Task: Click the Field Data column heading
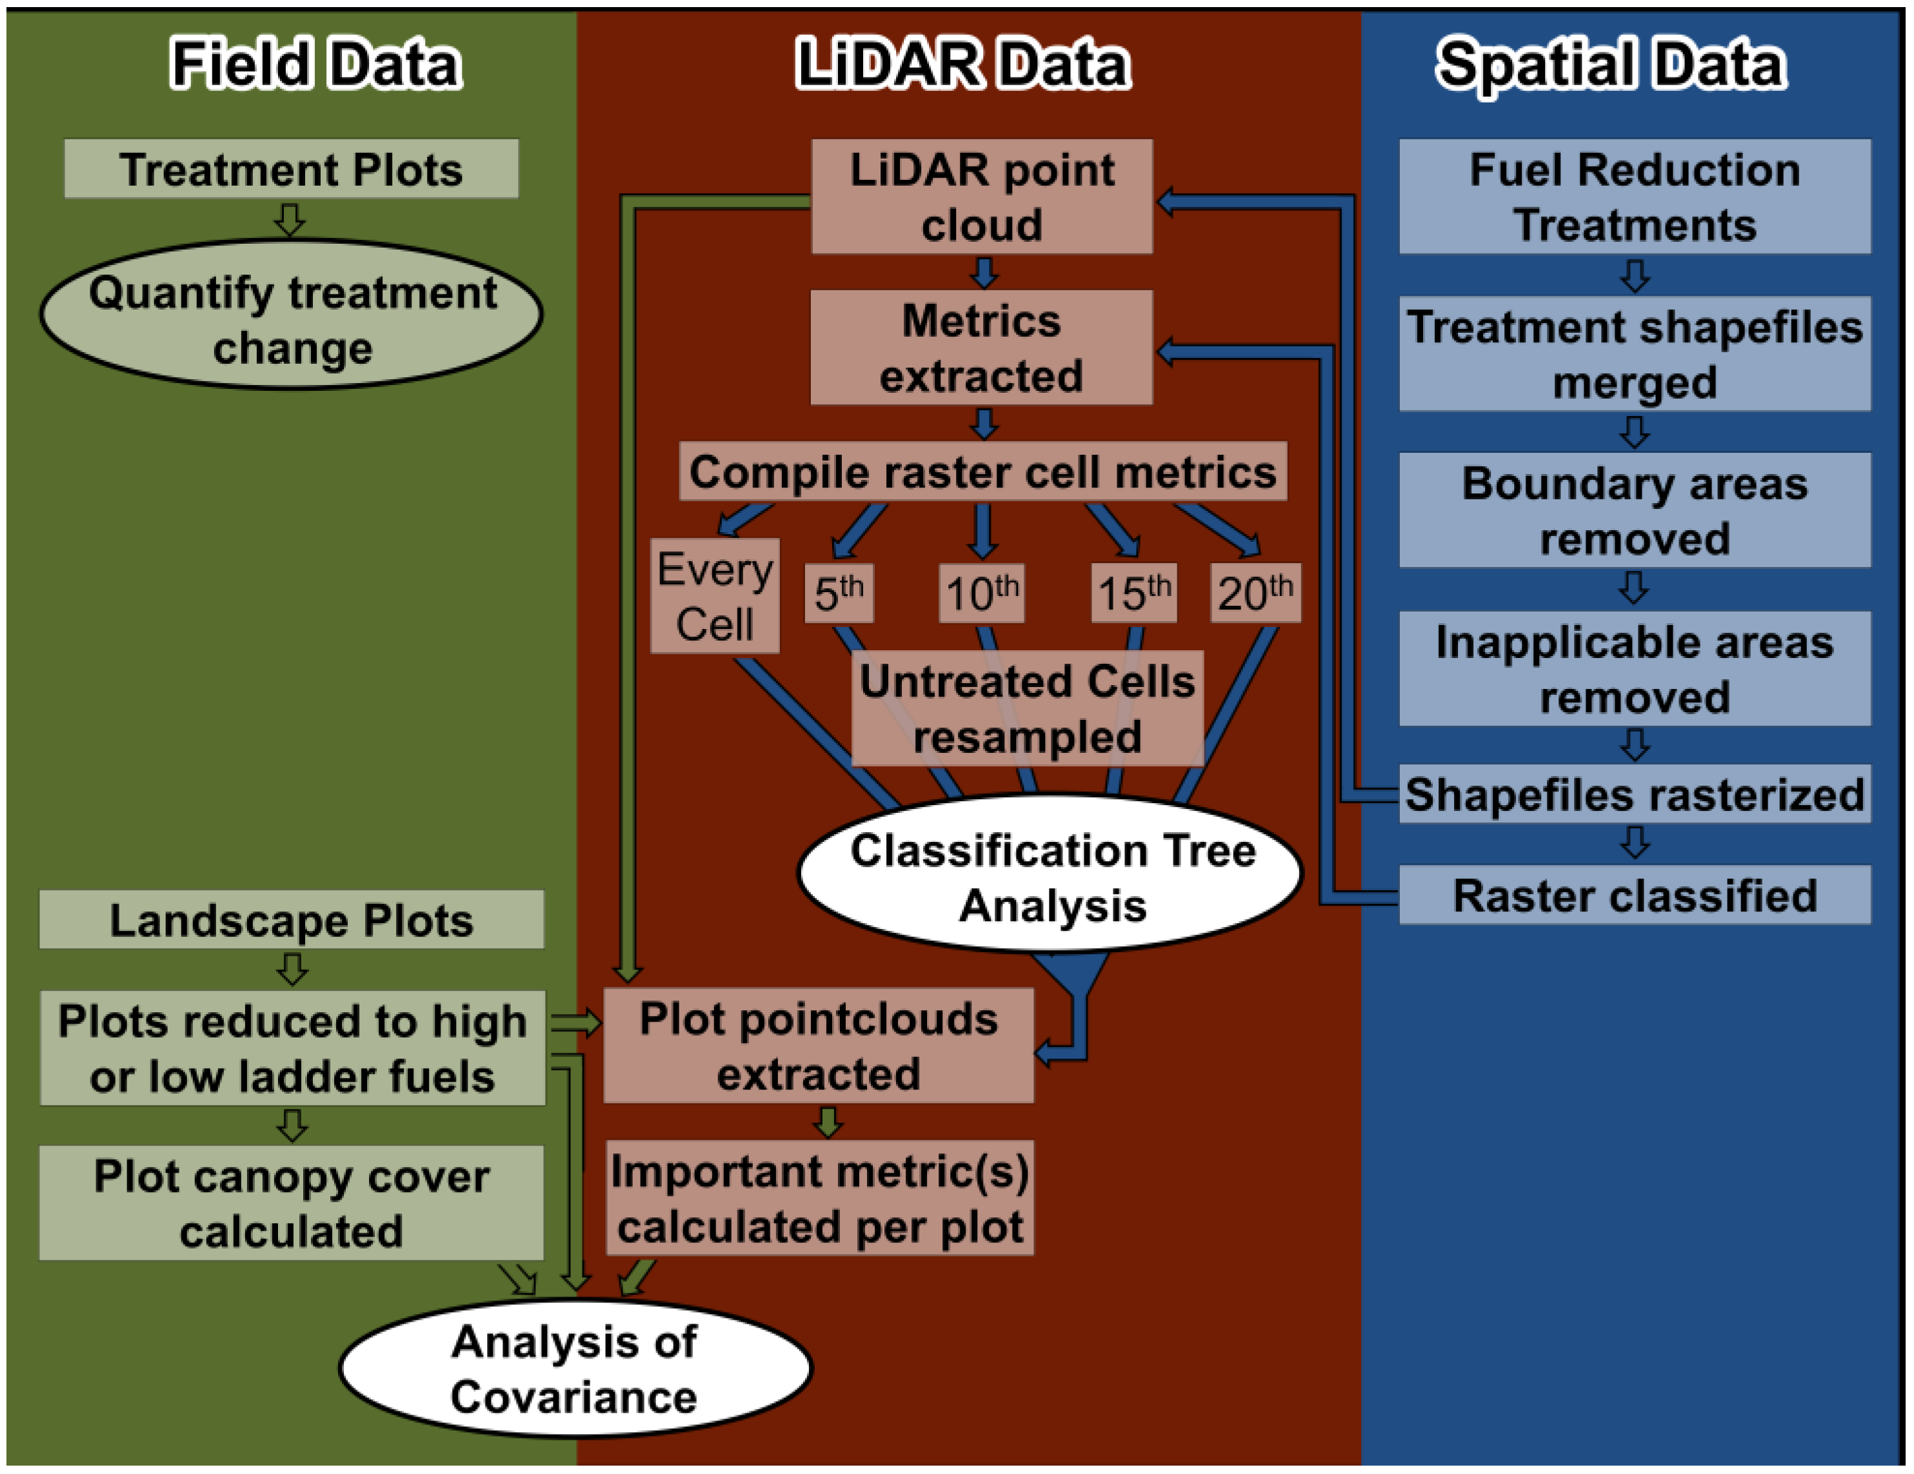click(315, 64)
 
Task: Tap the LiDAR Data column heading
click(962, 64)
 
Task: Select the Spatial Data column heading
click(1611, 64)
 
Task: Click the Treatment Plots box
click(291, 169)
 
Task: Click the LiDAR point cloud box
click(982, 196)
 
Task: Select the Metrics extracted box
click(982, 348)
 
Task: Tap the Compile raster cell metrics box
click(982, 472)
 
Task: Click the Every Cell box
click(714, 596)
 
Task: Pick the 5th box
click(839, 593)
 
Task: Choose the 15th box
click(1133, 593)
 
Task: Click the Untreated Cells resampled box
click(1027, 708)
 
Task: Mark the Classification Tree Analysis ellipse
click(1052, 877)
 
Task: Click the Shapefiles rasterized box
click(1635, 795)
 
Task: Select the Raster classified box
click(1635, 895)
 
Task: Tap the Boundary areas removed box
click(1635, 511)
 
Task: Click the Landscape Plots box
click(291, 920)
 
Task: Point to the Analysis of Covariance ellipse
click(574, 1368)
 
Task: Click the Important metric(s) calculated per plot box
click(819, 1198)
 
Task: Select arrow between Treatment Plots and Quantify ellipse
click(290, 219)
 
